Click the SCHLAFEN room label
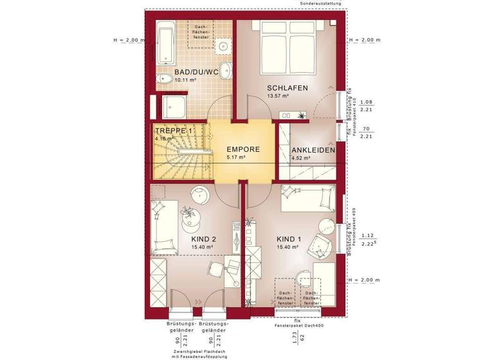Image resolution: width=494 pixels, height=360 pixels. [x=288, y=88]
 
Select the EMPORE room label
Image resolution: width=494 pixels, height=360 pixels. [x=243, y=149]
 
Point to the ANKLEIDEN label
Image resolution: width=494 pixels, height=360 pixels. [x=313, y=150]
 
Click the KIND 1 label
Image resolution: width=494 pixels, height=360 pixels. [x=289, y=239]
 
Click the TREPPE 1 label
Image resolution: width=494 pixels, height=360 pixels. [x=174, y=131]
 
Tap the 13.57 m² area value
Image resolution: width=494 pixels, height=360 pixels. [x=278, y=96]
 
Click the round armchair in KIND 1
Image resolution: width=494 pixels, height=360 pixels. [x=320, y=244]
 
